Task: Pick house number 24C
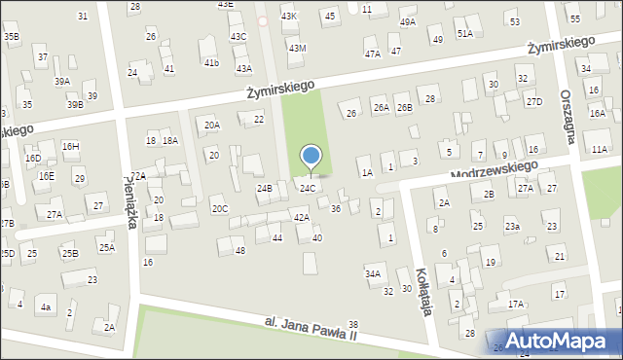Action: (x=307, y=188)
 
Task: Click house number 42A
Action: (x=302, y=217)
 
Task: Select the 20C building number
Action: (x=220, y=208)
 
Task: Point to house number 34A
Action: (x=373, y=274)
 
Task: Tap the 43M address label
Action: (x=297, y=48)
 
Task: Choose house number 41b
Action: (x=211, y=62)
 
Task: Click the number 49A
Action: (x=407, y=21)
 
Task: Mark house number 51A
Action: (x=465, y=33)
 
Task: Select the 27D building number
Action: (x=533, y=101)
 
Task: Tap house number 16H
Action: (x=70, y=145)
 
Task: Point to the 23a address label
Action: (x=511, y=226)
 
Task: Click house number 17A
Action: (x=516, y=304)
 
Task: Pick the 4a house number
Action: (x=45, y=307)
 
